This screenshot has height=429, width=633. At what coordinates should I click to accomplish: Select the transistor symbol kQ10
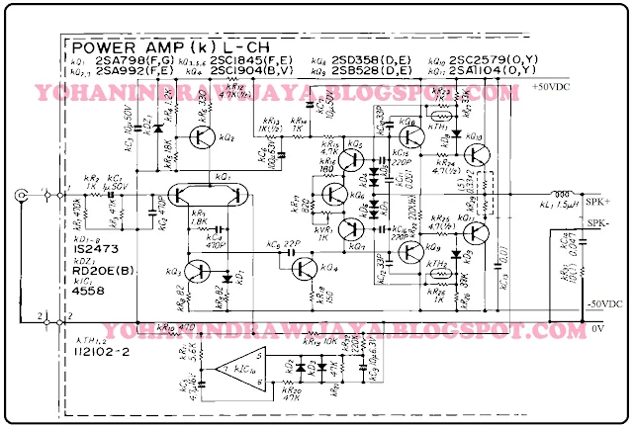pos(476,154)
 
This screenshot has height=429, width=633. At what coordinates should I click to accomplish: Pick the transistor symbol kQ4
pos(310,264)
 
